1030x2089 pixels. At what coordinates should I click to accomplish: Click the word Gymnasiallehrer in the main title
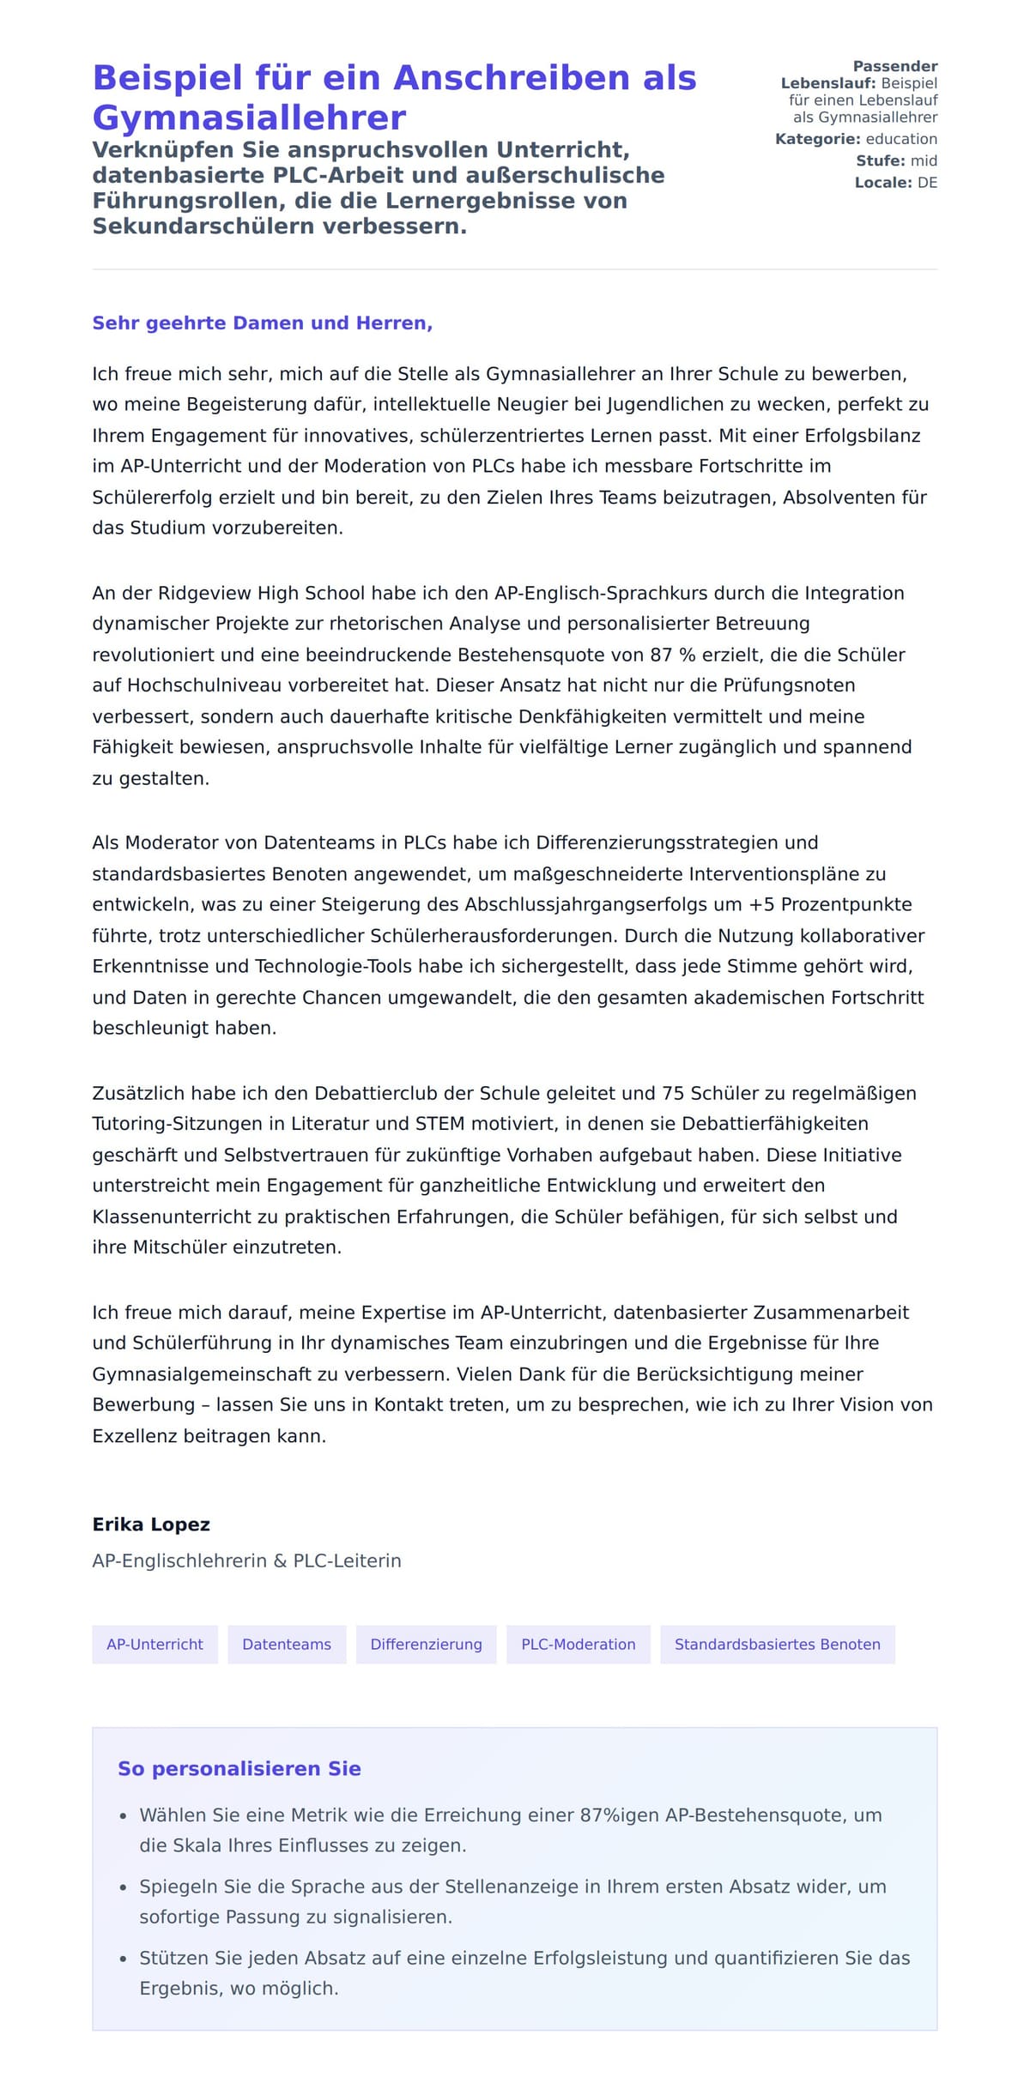pyautogui.click(x=249, y=118)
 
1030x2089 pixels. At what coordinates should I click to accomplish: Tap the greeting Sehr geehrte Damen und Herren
pyautogui.click(x=262, y=323)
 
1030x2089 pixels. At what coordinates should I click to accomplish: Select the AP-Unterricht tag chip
pyautogui.click(x=154, y=1645)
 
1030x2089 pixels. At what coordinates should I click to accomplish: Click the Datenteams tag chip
pyautogui.click(x=287, y=1645)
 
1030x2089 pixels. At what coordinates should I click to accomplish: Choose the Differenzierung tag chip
pyautogui.click(x=426, y=1645)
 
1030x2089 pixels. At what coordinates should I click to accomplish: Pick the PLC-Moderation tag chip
pyautogui.click(x=579, y=1645)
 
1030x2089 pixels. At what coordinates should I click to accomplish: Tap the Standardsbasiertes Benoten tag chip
pyautogui.click(x=777, y=1645)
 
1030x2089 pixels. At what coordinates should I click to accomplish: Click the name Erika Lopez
pyautogui.click(x=151, y=1524)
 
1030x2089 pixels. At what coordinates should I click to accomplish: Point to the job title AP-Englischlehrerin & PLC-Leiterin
pyautogui.click(x=246, y=1561)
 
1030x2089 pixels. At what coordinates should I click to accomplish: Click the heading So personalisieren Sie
pyautogui.click(x=239, y=1768)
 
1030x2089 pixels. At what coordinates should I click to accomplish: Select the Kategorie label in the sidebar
pyautogui.click(x=817, y=139)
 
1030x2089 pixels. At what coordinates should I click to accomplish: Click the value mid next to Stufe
pyautogui.click(x=924, y=160)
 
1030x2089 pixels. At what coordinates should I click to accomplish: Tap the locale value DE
pyautogui.click(x=927, y=183)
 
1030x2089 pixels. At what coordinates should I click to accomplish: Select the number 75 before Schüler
pyautogui.click(x=673, y=1093)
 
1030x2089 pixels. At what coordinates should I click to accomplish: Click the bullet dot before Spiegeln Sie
pyautogui.click(x=124, y=1887)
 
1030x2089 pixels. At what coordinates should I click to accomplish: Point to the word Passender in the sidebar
pyautogui.click(x=894, y=66)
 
